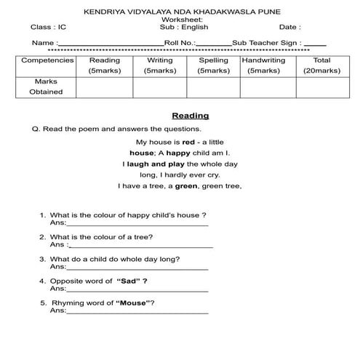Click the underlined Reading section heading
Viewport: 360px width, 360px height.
tap(190, 116)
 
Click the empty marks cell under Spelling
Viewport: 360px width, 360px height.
tap(213, 87)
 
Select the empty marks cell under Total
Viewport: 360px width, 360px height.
tap(321, 87)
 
